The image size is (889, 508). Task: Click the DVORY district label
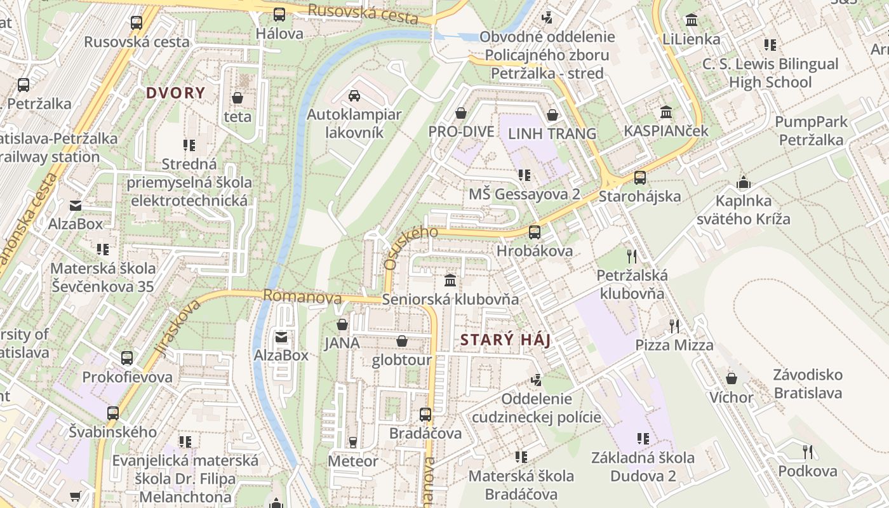click(x=175, y=93)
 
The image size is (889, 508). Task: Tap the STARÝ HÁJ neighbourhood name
click(x=505, y=340)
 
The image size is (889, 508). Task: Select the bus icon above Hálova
click(x=279, y=15)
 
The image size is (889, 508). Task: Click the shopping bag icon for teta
click(x=237, y=98)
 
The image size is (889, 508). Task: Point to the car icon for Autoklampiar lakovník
click(x=354, y=96)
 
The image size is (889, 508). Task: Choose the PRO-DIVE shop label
click(x=461, y=133)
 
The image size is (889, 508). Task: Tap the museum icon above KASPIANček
click(x=666, y=112)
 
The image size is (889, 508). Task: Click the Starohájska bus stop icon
click(x=640, y=178)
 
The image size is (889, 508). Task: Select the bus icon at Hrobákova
click(x=535, y=232)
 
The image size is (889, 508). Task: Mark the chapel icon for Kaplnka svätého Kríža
click(x=743, y=183)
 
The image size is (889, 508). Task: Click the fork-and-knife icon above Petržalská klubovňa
click(x=632, y=257)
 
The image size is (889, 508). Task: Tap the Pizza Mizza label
click(x=674, y=345)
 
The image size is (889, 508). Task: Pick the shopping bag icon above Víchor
click(x=732, y=378)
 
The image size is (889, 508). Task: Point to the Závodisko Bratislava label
click(x=808, y=384)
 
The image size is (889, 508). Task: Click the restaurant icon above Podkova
click(x=807, y=452)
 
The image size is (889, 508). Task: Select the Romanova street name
click(x=302, y=296)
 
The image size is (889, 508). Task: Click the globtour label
click(x=401, y=360)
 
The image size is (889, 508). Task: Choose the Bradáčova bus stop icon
click(x=425, y=415)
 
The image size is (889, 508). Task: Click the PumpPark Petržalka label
click(x=811, y=131)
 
